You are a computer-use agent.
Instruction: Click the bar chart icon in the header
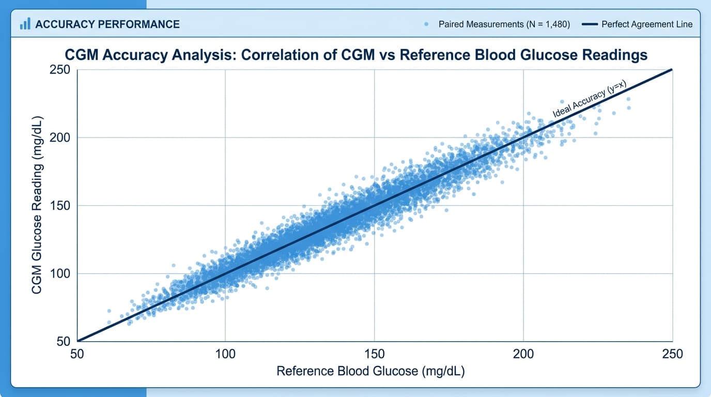tap(24, 24)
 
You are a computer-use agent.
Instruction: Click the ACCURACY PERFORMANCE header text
tap(107, 24)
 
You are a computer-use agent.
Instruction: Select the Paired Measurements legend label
tap(504, 24)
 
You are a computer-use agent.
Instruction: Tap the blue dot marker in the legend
tap(426, 24)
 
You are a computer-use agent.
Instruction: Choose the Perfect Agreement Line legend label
tap(647, 24)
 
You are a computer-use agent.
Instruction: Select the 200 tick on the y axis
tap(60, 138)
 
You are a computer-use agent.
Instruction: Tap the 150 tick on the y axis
tap(60, 206)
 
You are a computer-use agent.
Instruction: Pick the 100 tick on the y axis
tap(60, 273)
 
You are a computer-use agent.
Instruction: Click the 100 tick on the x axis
tap(225, 354)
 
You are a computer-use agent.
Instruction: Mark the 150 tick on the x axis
tap(375, 354)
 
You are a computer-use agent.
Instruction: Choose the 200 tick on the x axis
tap(523, 354)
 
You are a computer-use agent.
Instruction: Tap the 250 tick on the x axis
tap(672, 354)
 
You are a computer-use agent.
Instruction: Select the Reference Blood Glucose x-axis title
tap(370, 371)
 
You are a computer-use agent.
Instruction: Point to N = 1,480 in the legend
tap(546, 24)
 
